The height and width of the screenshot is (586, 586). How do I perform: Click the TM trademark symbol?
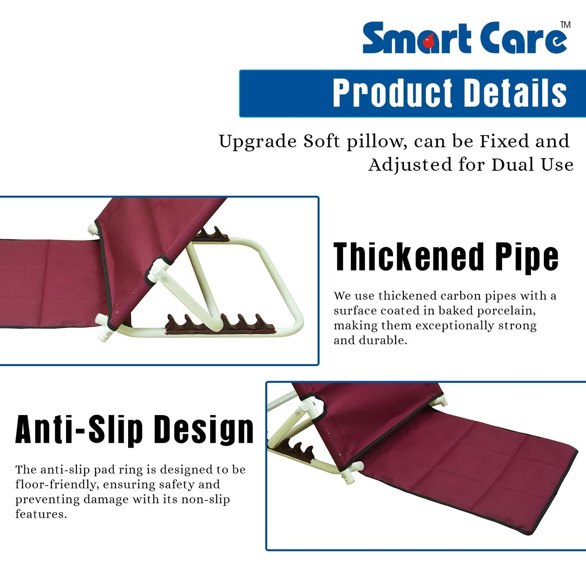pos(565,25)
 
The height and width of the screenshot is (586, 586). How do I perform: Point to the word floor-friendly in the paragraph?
pos(57,485)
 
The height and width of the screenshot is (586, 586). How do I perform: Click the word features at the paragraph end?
pos(41,514)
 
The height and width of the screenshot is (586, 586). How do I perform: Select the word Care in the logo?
pos(523,39)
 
